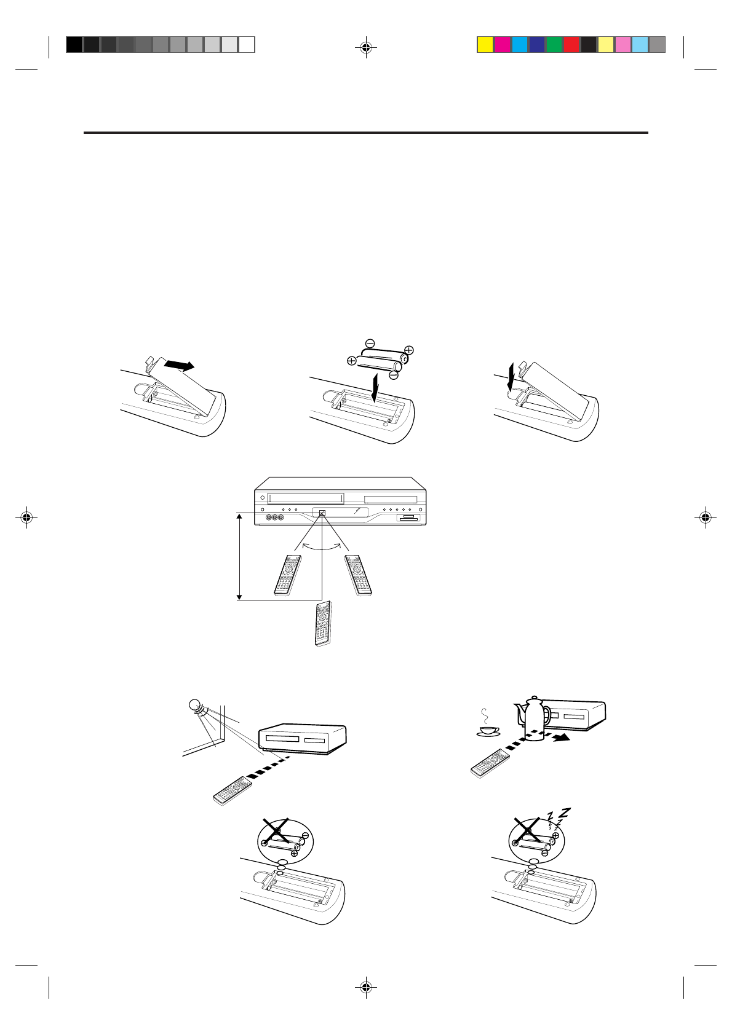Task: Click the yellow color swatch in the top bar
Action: [x=485, y=44]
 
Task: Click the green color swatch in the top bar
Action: [x=554, y=44]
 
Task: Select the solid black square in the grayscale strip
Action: [x=74, y=44]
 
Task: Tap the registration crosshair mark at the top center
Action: [x=366, y=47]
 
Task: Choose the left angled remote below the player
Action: [x=288, y=575]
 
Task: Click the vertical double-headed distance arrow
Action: [x=240, y=556]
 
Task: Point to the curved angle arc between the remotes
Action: [x=322, y=546]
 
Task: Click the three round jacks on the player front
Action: [x=274, y=517]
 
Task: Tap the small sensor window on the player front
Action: [x=322, y=511]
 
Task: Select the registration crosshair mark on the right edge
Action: [x=706, y=518]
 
